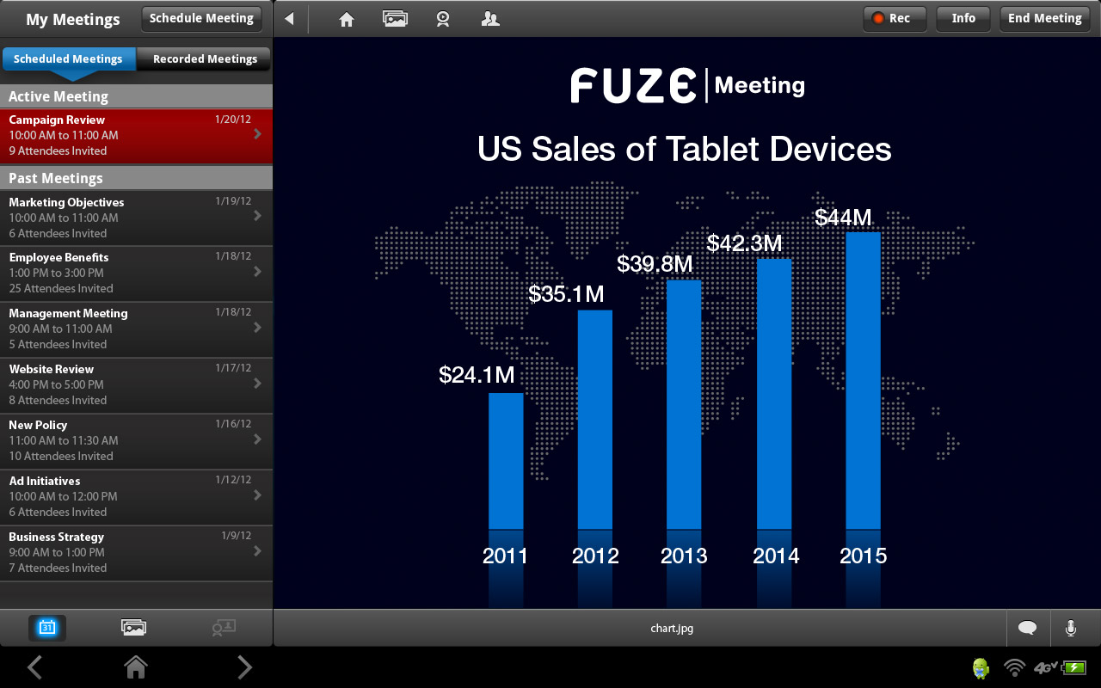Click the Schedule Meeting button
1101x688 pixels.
[201, 18]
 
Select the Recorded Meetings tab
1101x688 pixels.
[205, 59]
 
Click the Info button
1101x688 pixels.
[963, 18]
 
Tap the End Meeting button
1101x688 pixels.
[1044, 18]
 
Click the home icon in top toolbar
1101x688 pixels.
[347, 19]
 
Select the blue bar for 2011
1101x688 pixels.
[506, 461]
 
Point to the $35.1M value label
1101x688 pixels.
[566, 295]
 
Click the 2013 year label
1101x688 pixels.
[684, 556]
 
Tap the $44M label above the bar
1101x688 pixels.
[843, 218]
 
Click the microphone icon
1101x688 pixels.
[1071, 628]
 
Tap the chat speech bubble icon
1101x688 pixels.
[1027, 628]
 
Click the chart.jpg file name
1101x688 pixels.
[672, 628]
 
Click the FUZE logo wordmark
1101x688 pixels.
[633, 85]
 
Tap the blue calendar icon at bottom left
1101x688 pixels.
[47, 628]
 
